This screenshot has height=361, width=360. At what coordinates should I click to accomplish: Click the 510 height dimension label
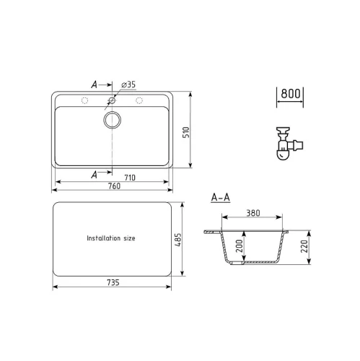point(186,132)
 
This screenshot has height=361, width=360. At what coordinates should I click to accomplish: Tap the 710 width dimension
point(130,178)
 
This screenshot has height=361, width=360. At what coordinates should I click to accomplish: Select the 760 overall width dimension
point(114,186)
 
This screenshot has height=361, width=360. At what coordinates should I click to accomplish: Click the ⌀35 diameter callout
point(128,84)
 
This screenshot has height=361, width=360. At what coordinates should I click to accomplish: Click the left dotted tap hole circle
point(84,100)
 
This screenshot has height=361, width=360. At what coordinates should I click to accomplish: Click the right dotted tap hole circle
point(139,100)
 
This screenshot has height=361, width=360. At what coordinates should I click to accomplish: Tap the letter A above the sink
point(95,84)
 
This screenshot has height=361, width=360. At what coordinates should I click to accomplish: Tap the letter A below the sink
point(95,175)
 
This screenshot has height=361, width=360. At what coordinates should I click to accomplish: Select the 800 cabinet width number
point(291,94)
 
